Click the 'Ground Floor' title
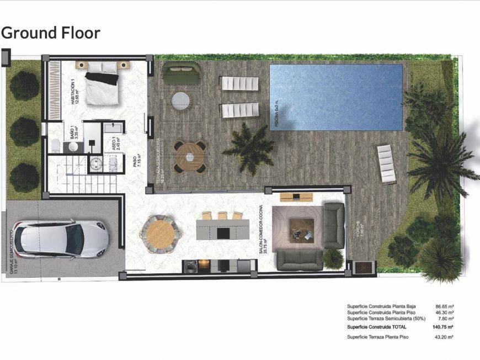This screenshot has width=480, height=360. coord(51,33)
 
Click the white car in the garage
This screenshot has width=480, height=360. coord(61,238)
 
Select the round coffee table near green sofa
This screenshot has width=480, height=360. coord(180,100)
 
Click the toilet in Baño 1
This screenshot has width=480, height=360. coord(55,145)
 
